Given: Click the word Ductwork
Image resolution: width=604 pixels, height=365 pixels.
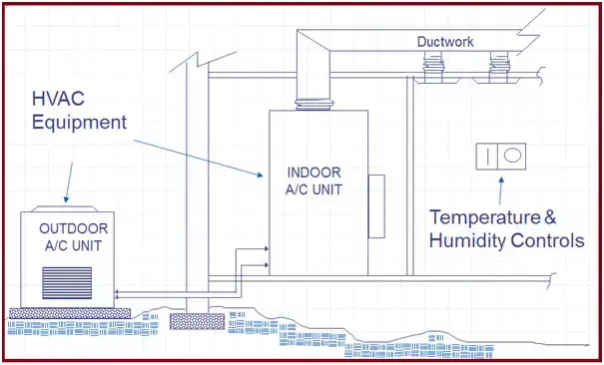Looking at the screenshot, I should click(x=445, y=42).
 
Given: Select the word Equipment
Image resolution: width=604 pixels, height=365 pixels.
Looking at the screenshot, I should click(x=80, y=124).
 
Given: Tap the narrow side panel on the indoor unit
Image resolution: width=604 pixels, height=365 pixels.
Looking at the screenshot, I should click(x=376, y=206).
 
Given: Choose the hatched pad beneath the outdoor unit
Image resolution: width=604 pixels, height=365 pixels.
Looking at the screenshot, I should click(x=68, y=312).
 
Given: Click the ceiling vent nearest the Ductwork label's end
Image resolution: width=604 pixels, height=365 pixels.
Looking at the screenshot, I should click(x=494, y=68).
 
